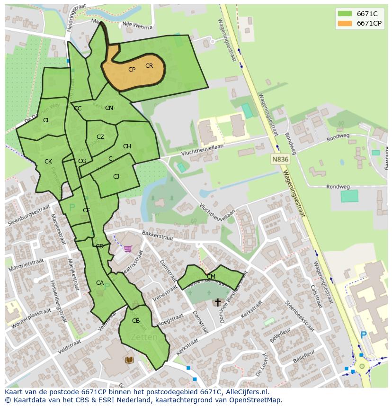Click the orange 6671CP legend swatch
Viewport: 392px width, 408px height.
pyautogui.click(x=345, y=23)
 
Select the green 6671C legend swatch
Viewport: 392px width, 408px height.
pyautogui.click(x=345, y=14)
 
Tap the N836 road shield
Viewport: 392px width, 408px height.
pyautogui.click(x=280, y=160)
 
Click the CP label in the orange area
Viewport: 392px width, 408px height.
pyautogui.click(x=132, y=70)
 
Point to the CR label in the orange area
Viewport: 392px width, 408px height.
pyautogui.click(x=149, y=66)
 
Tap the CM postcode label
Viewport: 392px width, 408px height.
pyautogui.click(x=211, y=276)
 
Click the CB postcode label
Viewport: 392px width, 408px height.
pyautogui.click(x=136, y=321)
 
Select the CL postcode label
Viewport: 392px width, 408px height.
pyautogui.click(x=46, y=120)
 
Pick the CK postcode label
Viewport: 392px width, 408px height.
pyautogui.click(x=48, y=162)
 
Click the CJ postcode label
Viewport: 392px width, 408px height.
pyautogui.click(x=116, y=177)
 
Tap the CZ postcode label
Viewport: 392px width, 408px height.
pyautogui.click(x=100, y=137)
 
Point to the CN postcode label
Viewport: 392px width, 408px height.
pyautogui.click(x=109, y=108)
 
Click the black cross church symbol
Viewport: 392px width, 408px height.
pyautogui.click(x=218, y=302)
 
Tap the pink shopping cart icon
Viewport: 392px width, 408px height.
pyautogui.click(x=127, y=248)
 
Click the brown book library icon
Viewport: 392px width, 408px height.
pyautogui.click(x=129, y=360)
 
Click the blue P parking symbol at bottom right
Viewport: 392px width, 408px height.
pyautogui.click(x=364, y=335)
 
